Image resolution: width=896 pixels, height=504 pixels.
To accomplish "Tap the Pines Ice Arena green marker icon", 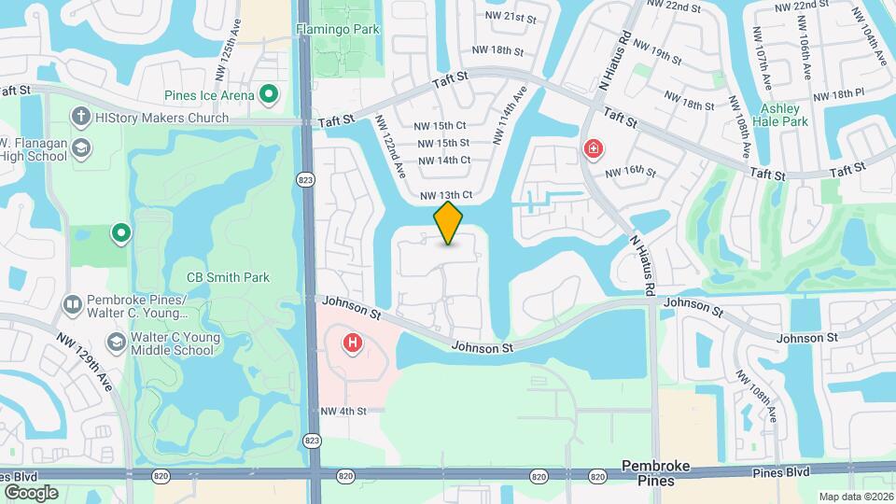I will click(x=269, y=93).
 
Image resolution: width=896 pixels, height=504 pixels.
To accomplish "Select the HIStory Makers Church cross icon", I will click(x=81, y=118).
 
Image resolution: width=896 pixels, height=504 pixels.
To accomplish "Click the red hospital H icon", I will click(x=353, y=343).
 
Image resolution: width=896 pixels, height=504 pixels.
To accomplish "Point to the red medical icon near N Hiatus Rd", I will click(x=593, y=148).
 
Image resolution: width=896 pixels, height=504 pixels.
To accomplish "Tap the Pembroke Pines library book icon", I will click(x=72, y=305).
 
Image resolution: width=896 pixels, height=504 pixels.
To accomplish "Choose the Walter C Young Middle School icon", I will click(x=116, y=343).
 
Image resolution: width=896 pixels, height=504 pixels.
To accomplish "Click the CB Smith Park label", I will click(x=228, y=277).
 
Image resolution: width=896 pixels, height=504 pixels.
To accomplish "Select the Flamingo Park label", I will click(x=338, y=29).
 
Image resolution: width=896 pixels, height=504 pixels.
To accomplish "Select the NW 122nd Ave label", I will click(x=391, y=146).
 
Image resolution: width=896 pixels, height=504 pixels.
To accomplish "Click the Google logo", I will click(x=30, y=492).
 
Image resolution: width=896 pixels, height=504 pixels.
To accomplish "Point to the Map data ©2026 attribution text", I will click(x=855, y=497).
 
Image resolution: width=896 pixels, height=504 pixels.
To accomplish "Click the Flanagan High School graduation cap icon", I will click(x=81, y=148).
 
